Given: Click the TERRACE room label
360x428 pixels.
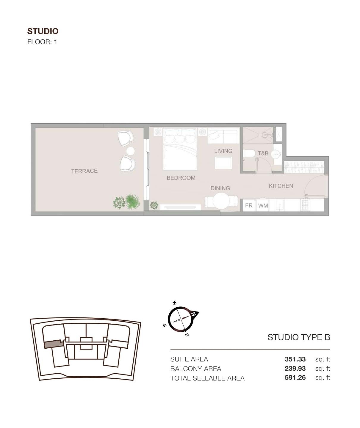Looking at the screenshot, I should (x=84, y=171).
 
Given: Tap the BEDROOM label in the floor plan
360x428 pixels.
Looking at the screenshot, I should (x=181, y=178).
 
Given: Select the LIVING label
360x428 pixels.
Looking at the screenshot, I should (x=223, y=151).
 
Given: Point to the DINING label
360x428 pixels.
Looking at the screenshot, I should (x=220, y=188).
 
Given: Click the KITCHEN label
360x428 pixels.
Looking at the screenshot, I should (x=281, y=186).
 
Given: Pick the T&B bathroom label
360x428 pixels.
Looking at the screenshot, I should (x=263, y=153).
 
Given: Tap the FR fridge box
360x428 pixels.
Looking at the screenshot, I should (x=249, y=205).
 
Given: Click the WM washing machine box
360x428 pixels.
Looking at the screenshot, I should (x=263, y=205).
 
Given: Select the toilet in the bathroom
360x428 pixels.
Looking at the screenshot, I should (x=249, y=153).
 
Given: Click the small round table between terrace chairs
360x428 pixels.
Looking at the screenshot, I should (x=130, y=151).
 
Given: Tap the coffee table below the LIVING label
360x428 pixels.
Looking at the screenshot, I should (x=223, y=163).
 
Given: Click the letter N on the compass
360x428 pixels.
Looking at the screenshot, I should (x=194, y=314).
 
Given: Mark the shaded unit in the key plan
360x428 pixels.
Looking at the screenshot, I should (x=54, y=344).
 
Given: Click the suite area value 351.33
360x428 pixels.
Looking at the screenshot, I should (x=295, y=359).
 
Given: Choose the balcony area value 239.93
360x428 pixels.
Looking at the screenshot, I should (x=295, y=369).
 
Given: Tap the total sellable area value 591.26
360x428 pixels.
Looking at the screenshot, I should (x=295, y=378).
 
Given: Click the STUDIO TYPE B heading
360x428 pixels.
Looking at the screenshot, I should (x=299, y=337).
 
